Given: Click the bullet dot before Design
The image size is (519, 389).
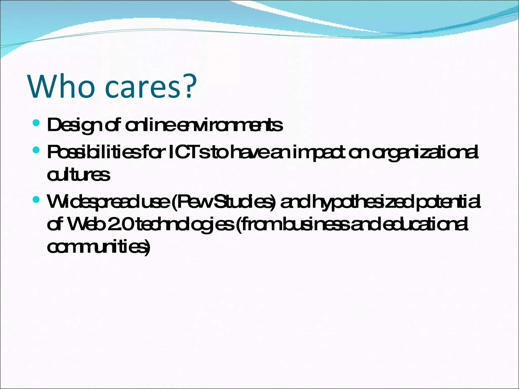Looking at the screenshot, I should pos(36,123).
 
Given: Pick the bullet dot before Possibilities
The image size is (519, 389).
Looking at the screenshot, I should pos(36,150).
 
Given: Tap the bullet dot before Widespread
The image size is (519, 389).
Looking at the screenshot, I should pos(36,200).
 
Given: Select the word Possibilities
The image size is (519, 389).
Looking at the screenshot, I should pos(93,152).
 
